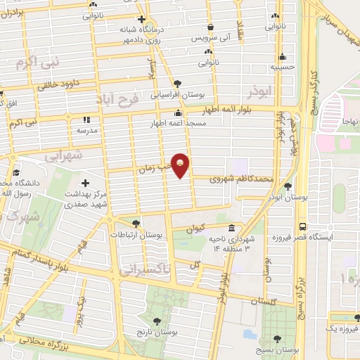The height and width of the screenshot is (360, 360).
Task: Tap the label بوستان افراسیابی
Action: coord(174,94)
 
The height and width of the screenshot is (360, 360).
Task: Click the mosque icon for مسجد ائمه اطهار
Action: coord(178,112)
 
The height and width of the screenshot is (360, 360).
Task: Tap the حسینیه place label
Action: coord(282,68)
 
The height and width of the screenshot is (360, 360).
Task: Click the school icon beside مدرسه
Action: coord(88,120)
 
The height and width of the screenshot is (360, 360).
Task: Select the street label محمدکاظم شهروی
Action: coord(240,180)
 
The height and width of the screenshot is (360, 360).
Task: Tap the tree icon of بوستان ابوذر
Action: coord(288,186)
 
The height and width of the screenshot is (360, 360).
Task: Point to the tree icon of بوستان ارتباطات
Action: coord(136,224)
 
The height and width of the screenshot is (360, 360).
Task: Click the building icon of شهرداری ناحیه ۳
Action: coord(231,229)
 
